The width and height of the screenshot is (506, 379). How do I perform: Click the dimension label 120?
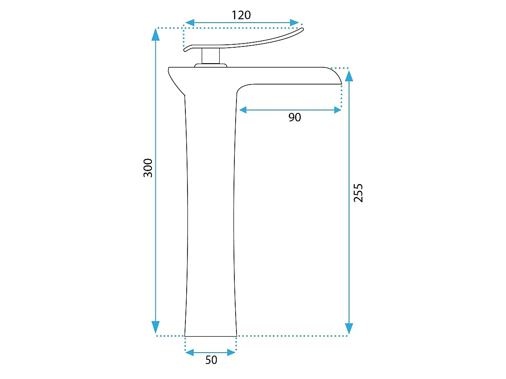coord(241,15)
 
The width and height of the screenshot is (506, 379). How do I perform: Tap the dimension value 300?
coord(148,168)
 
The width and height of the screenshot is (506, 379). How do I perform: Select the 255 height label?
coord(358,193)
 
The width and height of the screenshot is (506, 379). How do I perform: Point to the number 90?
coord(295,117)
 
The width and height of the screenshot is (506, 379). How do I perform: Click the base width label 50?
coord(211,360)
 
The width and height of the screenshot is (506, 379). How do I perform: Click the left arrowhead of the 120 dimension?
coord(190,23)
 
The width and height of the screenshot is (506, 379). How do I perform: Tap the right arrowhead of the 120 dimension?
coord(294,23)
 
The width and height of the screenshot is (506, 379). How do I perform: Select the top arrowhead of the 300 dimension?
coord(156,35)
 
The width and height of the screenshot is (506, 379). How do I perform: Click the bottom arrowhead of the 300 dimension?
coord(156,327)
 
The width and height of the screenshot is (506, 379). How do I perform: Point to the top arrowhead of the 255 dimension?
coord(349,76)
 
